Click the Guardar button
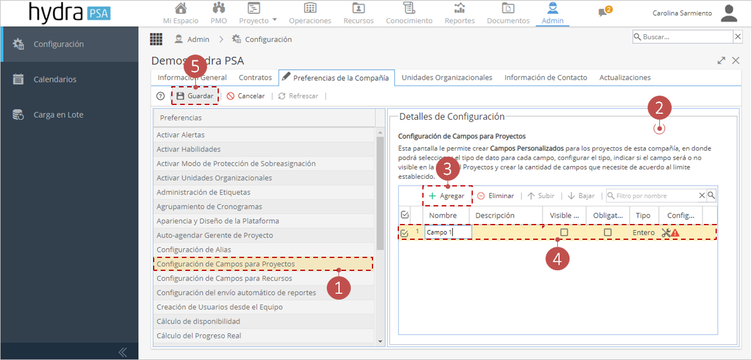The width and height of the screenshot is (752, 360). click(x=195, y=96)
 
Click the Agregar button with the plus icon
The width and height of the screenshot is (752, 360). click(x=447, y=196)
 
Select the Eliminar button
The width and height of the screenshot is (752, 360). click(x=496, y=196)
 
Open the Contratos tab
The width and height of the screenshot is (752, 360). click(x=255, y=77)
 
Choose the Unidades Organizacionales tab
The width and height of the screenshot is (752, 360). click(x=447, y=77)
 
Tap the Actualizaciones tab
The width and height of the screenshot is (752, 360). click(x=625, y=77)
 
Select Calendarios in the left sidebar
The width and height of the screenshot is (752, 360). click(x=55, y=79)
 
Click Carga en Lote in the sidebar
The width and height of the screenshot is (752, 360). click(x=58, y=114)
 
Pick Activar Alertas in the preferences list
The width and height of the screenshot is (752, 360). click(x=181, y=134)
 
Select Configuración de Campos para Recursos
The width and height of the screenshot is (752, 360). click(x=224, y=278)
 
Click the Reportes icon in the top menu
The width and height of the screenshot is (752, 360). click(x=460, y=8)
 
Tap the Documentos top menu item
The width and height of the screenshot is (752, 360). click(x=508, y=13)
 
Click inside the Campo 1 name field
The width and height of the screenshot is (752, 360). click(x=448, y=232)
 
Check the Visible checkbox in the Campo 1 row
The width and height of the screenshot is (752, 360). click(x=564, y=232)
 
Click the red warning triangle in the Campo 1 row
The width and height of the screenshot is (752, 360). click(x=675, y=233)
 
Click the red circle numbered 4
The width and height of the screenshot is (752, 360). click(x=557, y=259)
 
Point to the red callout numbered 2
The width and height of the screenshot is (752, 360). click(x=659, y=108)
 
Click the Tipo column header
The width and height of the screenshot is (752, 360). click(x=643, y=215)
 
